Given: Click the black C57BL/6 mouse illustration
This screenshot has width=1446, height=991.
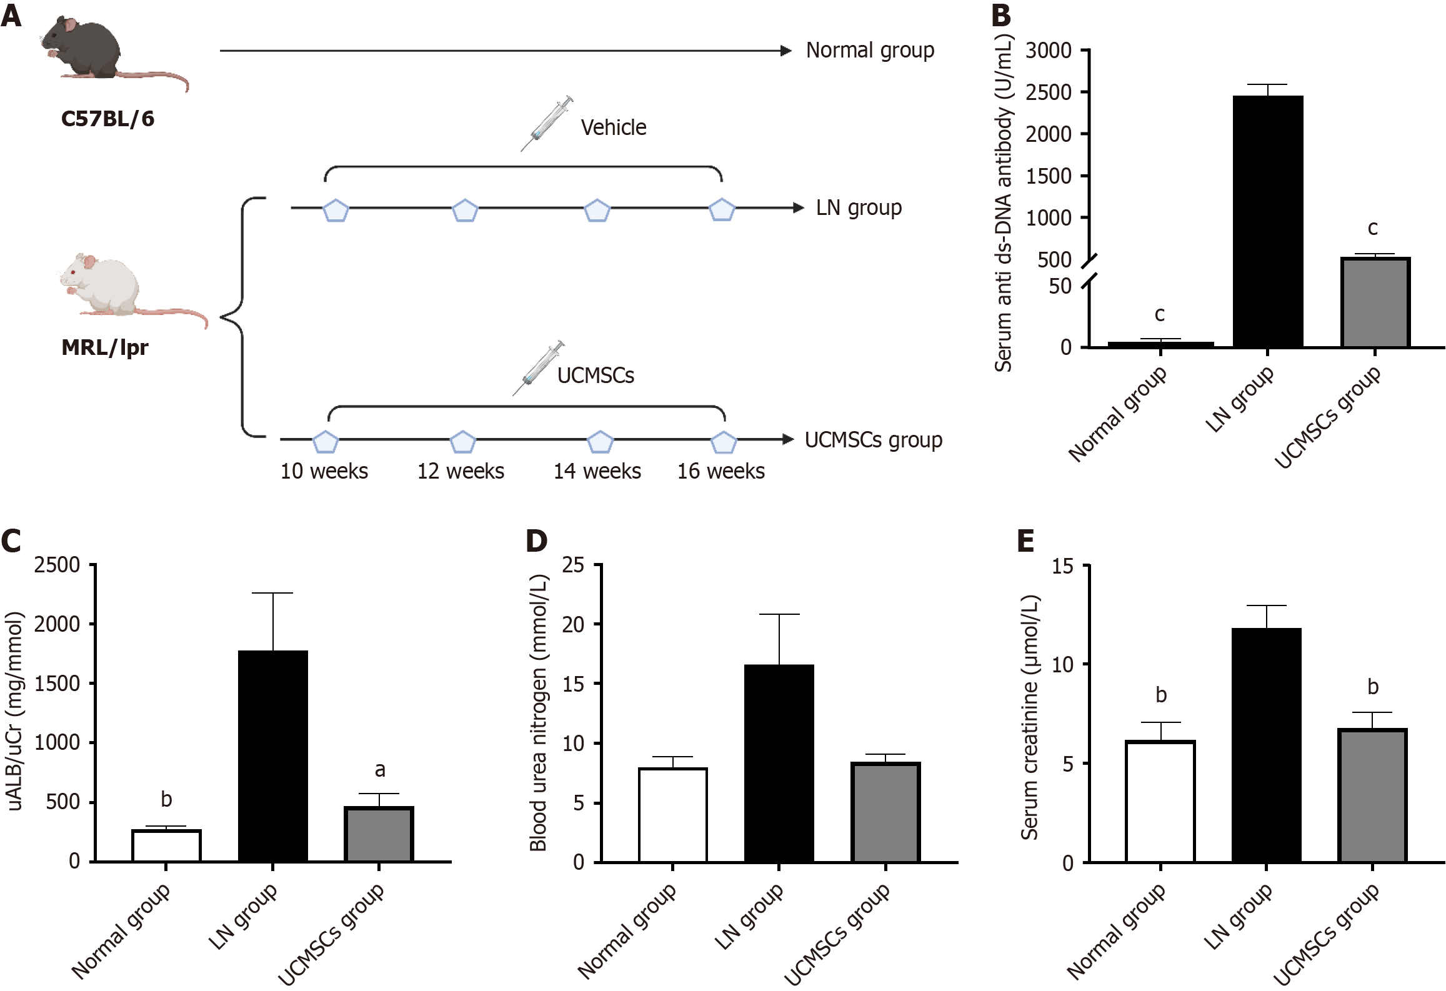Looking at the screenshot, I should pos(94,50).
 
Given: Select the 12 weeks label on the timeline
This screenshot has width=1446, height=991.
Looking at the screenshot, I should pos(461,471).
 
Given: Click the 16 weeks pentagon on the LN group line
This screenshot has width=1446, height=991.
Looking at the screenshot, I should pos(722,210).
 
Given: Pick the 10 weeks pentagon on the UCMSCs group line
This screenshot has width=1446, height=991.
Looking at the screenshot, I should pos(325,442).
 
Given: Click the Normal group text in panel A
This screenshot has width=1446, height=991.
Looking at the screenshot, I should pos(870,50).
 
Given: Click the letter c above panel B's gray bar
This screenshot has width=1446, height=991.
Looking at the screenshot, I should pos(1373,229).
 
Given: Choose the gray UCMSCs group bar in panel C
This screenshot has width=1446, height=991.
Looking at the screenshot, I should pos(379,834).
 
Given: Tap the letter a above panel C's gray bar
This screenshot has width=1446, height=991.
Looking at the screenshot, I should pos(379,770).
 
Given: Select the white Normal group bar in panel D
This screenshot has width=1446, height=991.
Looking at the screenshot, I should pos(673,815).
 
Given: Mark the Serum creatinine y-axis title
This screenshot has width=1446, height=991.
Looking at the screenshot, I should pos(1029,717).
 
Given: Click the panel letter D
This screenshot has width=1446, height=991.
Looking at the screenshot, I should pos(536,541).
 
